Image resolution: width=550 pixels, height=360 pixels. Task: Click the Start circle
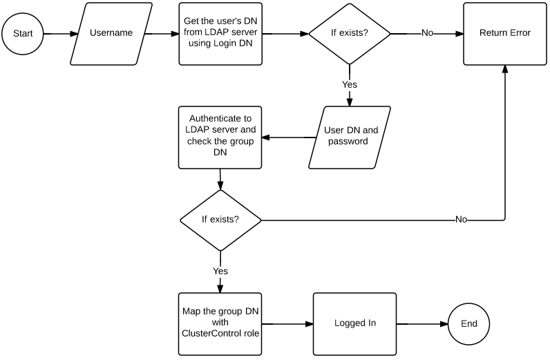click(x=23, y=34)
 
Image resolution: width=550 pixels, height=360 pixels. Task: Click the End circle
click(x=469, y=324)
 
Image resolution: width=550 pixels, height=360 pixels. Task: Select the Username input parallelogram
click(x=111, y=34)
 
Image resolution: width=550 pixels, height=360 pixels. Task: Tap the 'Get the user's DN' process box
click(x=220, y=34)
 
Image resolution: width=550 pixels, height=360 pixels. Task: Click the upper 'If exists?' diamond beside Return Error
click(x=350, y=34)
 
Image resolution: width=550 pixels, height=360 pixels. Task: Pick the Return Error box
click(x=505, y=34)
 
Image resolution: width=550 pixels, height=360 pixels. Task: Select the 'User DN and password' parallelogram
click(x=350, y=138)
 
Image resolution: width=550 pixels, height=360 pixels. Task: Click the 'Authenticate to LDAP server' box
click(x=220, y=138)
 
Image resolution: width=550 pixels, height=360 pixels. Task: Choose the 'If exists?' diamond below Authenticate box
click(x=220, y=220)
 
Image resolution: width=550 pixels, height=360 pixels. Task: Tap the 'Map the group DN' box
click(x=220, y=324)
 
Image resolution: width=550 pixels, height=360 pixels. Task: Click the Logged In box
click(x=355, y=324)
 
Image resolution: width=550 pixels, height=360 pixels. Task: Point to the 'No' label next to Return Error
click(x=427, y=32)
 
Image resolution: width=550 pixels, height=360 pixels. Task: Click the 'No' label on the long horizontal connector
click(x=462, y=219)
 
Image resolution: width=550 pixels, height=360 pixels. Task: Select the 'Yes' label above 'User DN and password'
click(x=350, y=84)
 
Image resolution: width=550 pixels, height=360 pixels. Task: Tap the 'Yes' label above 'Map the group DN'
click(x=220, y=271)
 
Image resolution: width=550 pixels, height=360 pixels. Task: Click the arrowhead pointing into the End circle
click(x=444, y=324)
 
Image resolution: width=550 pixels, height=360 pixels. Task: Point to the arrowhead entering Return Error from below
click(x=505, y=69)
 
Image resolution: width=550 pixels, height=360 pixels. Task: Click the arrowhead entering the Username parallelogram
click(x=74, y=34)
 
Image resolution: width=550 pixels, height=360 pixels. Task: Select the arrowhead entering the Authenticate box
click(x=265, y=138)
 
